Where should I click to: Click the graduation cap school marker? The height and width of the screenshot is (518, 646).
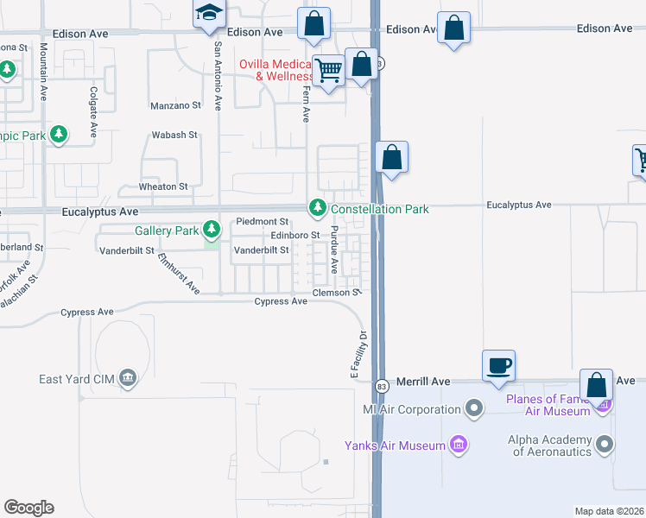click(x=207, y=15)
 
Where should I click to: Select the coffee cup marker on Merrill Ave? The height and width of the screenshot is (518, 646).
click(x=499, y=365)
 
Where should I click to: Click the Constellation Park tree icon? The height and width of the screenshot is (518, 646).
click(x=318, y=208)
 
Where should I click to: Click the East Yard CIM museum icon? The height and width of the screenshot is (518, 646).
click(x=128, y=377)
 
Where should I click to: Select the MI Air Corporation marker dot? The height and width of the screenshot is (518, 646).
click(x=473, y=407)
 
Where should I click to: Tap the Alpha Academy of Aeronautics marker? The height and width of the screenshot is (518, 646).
click(x=604, y=445)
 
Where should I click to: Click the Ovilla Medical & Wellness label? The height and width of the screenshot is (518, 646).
click(x=275, y=70)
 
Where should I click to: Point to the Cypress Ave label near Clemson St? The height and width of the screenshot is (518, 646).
click(x=281, y=301)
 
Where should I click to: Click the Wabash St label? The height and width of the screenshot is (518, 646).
click(x=175, y=136)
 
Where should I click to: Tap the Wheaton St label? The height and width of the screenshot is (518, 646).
click(x=163, y=186)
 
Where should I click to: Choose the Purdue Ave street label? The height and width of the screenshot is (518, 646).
click(x=334, y=256)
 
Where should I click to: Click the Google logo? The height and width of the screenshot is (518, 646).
click(x=28, y=508)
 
